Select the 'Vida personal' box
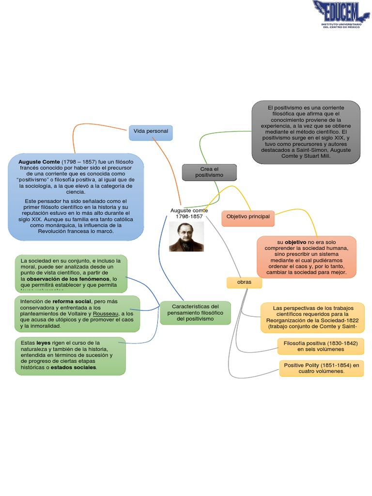coord(151,131)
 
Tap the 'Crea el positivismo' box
coord(209,171)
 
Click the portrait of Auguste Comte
coord(186,237)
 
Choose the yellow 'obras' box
coord(244,282)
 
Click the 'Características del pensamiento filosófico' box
coord(195,312)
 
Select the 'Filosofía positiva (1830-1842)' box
coord(320,346)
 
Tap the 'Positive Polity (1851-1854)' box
coord(321,368)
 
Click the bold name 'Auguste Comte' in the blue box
coord(39,161)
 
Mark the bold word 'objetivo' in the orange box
coord(295,242)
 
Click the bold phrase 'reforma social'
coord(72,301)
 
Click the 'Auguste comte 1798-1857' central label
coord(189,214)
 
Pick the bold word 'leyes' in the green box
coord(43,342)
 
